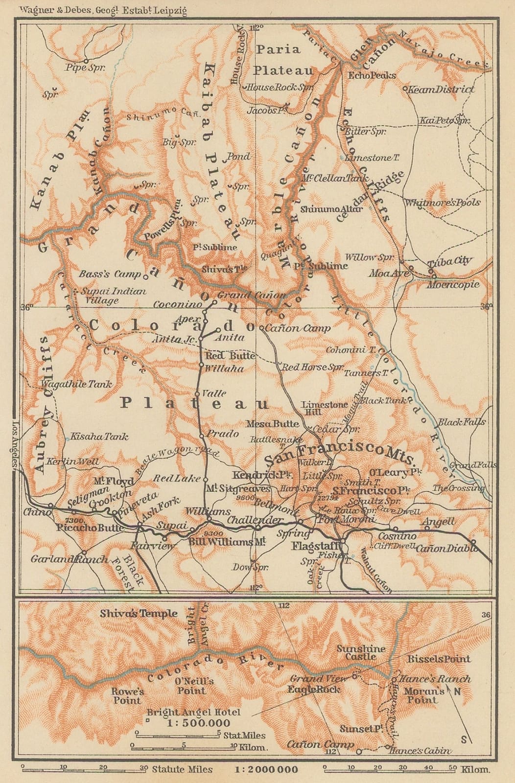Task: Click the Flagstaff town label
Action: [x=316, y=546]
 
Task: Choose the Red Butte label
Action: [x=230, y=356]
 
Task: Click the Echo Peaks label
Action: [x=372, y=76]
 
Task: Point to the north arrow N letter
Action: [x=457, y=691]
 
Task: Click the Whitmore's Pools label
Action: [x=442, y=203]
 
